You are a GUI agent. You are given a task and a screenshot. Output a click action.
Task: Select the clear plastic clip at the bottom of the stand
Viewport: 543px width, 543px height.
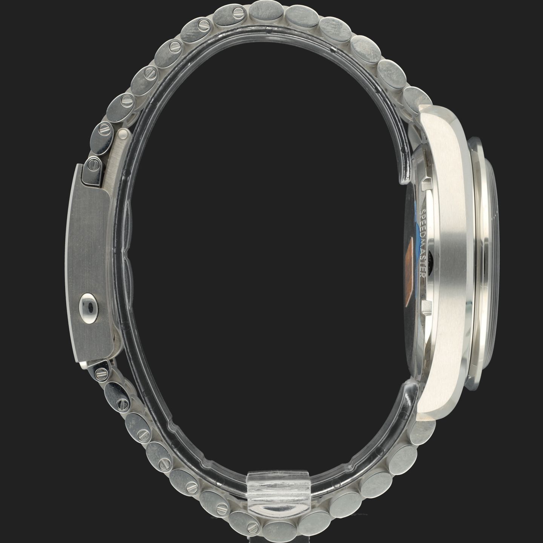[x=278, y=492]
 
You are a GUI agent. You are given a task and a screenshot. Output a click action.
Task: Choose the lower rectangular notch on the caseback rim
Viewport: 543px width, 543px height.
[x=427, y=307]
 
